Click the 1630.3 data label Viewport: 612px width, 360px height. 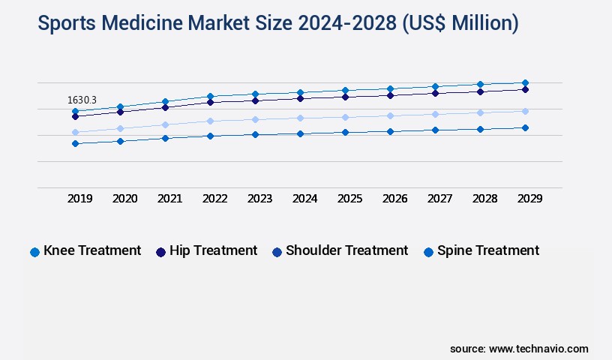click(x=82, y=99)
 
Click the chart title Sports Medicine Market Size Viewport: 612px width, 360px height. click(x=277, y=23)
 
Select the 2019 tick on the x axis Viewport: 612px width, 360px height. click(x=80, y=199)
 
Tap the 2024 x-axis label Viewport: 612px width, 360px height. click(x=304, y=199)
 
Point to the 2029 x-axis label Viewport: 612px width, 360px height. click(x=529, y=199)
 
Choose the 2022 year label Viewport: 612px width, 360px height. click(x=215, y=199)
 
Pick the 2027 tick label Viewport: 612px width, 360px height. click(x=439, y=199)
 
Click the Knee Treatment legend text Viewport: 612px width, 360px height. click(x=92, y=250)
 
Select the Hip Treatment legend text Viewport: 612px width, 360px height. click(x=213, y=250)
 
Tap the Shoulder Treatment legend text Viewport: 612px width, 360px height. click(x=346, y=250)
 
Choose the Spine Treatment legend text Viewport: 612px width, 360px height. click(x=488, y=250)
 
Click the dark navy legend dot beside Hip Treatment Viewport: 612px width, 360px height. click(x=160, y=252)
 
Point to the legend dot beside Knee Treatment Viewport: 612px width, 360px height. click(x=34, y=252)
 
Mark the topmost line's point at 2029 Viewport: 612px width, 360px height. click(x=525, y=82)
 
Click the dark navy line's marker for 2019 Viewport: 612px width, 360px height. click(x=75, y=116)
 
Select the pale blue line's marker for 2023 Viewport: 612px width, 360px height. click(x=255, y=119)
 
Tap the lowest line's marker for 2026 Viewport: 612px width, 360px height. click(x=390, y=131)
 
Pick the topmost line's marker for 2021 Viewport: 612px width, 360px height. click(x=165, y=101)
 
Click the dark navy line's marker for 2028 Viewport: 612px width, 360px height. click(x=480, y=91)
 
